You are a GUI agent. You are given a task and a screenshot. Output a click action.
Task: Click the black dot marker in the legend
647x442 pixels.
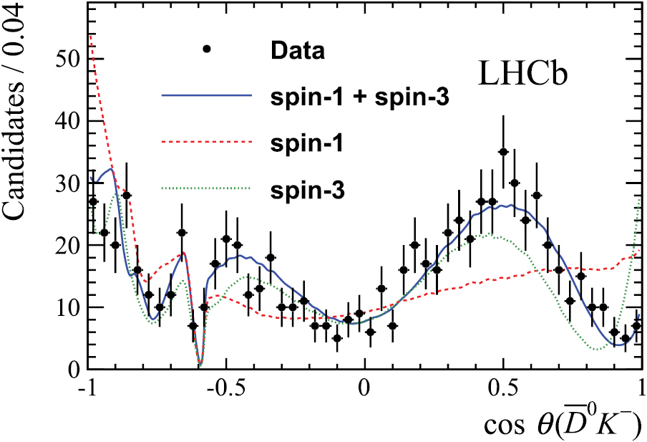click(207, 49)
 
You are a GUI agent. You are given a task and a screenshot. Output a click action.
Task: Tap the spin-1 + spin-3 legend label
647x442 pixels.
click(360, 97)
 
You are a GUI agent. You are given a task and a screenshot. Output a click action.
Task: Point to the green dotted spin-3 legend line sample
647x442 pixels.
click(207, 189)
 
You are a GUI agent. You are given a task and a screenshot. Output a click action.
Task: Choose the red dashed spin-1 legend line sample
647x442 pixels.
click(207, 143)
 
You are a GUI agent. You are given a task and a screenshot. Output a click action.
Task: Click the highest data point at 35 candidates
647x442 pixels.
click(503, 152)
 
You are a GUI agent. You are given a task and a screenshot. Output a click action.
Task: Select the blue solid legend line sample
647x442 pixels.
click(207, 96)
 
